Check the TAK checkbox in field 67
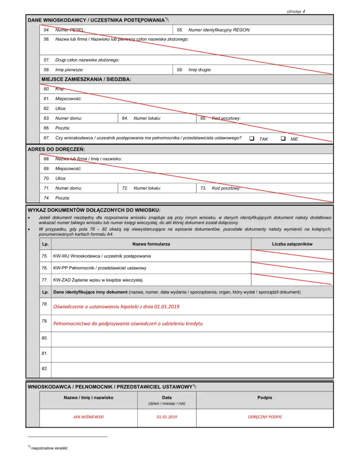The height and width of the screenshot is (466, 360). click(252, 138)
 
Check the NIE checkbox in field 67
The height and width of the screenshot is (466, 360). click(283, 138)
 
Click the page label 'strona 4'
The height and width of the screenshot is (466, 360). click(296, 11)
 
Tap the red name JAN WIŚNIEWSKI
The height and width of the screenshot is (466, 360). click(88, 417)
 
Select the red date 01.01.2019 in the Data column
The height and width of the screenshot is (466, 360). click(167, 417)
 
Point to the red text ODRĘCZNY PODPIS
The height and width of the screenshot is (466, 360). click(265, 417)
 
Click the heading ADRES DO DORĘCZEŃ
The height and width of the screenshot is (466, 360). click(56, 149)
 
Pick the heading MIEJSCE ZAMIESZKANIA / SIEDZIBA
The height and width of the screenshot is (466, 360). click(86, 79)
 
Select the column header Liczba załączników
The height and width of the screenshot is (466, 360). click(292, 244)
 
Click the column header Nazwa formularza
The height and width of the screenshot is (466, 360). click(151, 244)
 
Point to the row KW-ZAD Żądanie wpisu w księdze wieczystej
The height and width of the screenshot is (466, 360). click(98, 280)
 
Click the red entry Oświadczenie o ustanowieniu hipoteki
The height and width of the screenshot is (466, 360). click(116, 307)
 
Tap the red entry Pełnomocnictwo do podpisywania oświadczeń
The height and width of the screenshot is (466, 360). click(128, 324)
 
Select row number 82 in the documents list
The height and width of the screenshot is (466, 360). click(44, 369)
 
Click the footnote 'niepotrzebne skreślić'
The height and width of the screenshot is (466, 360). click(49, 448)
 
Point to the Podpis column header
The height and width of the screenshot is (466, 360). click(265, 398)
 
